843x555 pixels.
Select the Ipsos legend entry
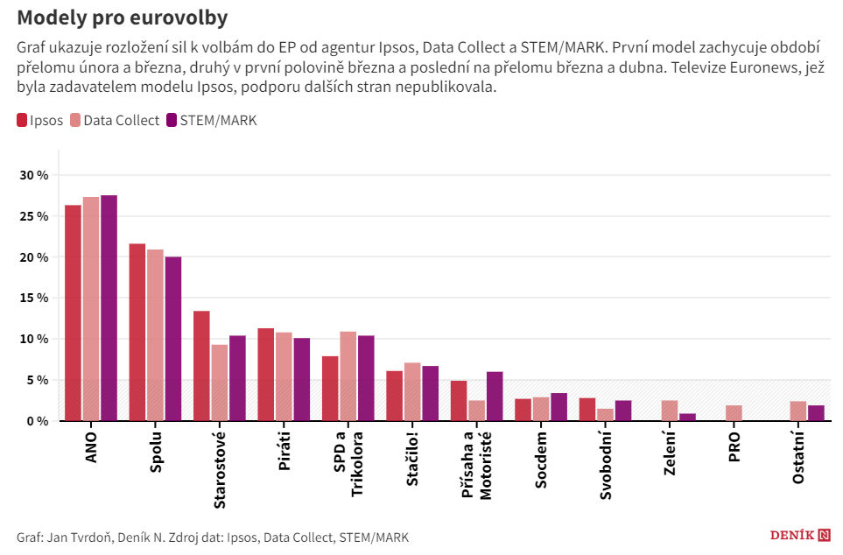(x=40, y=121)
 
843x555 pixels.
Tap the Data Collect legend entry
(x=115, y=121)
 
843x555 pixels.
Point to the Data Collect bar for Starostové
(x=220, y=383)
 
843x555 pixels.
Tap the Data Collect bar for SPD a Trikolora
(x=348, y=376)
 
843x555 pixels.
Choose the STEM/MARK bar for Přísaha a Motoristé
(x=495, y=397)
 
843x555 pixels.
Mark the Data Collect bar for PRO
(x=734, y=413)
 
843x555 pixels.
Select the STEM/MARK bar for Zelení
(x=688, y=418)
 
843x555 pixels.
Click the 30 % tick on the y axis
(x=36, y=175)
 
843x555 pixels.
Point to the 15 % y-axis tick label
(x=36, y=298)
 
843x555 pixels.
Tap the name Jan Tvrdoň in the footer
(x=80, y=537)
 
